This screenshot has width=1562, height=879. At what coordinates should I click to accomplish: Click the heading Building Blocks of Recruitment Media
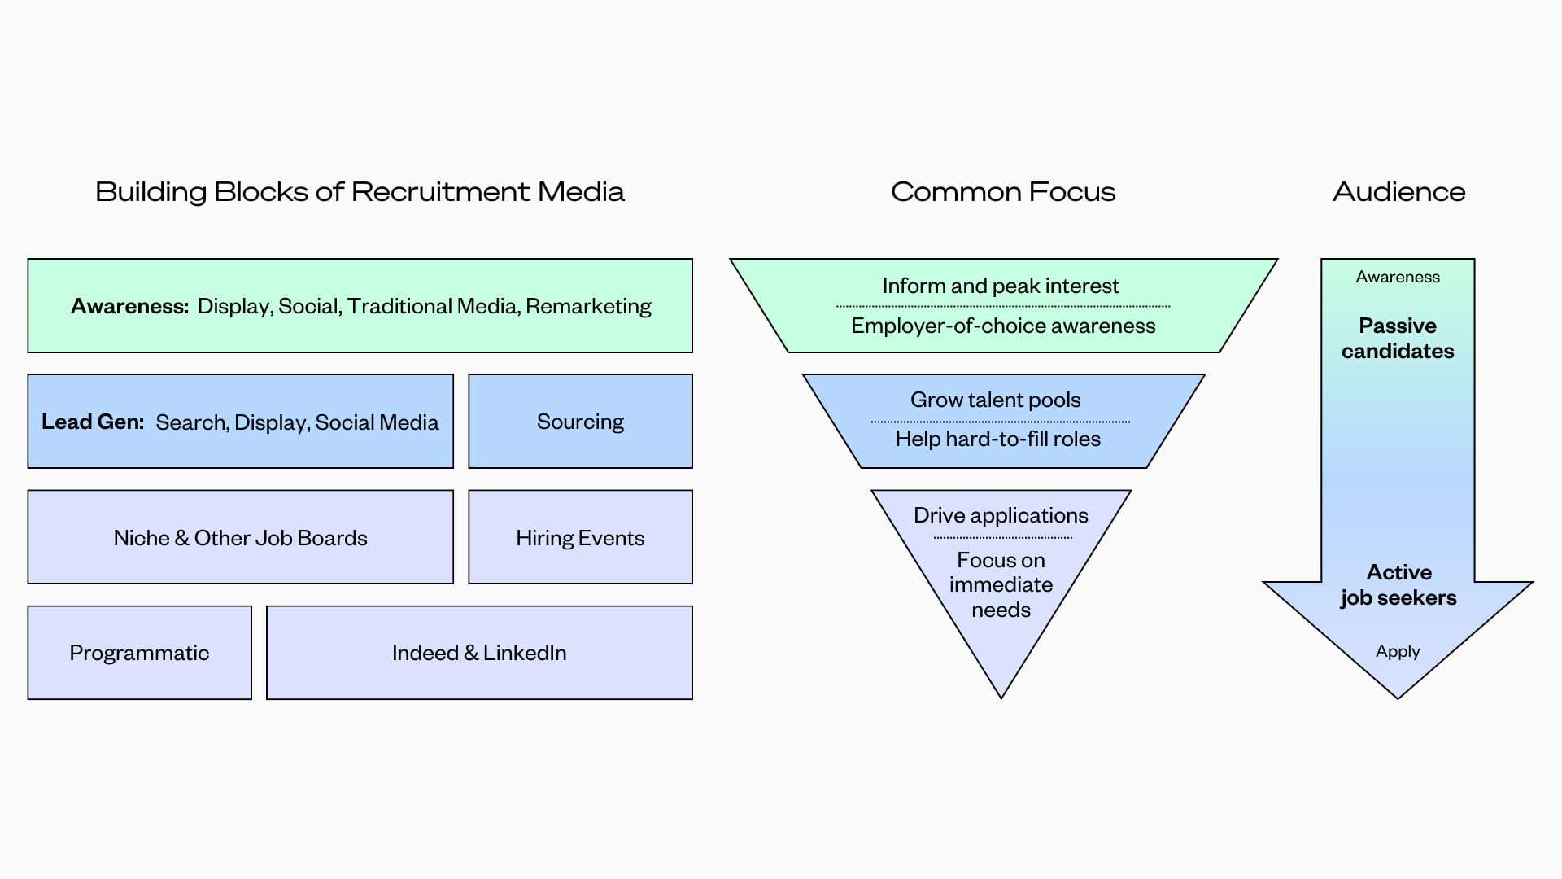(x=360, y=192)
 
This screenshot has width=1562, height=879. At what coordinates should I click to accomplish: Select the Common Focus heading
(x=1002, y=192)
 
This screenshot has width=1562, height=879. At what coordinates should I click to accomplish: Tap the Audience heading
(x=1398, y=192)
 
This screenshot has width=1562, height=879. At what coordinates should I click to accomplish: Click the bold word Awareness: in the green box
(x=129, y=306)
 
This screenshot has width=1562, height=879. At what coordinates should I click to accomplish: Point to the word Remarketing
(x=588, y=306)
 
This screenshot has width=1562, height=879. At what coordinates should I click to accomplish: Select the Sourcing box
(x=580, y=422)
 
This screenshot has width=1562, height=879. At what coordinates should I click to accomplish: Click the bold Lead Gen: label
(x=93, y=422)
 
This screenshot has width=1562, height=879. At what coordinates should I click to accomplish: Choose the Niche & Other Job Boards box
(x=240, y=538)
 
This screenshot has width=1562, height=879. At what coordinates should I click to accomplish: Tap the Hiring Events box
(x=580, y=538)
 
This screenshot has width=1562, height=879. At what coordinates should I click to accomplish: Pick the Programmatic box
(x=139, y=653)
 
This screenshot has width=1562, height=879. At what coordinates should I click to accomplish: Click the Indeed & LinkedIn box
(x=479, y=653)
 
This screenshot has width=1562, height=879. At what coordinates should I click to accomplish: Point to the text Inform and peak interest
(x=1001, y=286)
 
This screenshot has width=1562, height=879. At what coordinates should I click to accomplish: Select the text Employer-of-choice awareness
(x=1003, y=326)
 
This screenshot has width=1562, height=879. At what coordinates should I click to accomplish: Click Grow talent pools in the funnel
(x=996, y=400)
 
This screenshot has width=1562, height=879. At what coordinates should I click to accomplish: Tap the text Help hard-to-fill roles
(x=997, y=439)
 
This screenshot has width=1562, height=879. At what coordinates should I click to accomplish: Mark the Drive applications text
(x=1001, y=515)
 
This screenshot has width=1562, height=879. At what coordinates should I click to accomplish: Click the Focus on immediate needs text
(x=1001, y=584)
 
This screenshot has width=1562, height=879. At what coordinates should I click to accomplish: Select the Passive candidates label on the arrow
(x=1398, y=338)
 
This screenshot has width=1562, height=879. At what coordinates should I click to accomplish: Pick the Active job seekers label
(x=1398, y=584)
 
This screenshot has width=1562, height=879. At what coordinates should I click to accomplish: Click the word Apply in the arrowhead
(x=1398, y=651)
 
